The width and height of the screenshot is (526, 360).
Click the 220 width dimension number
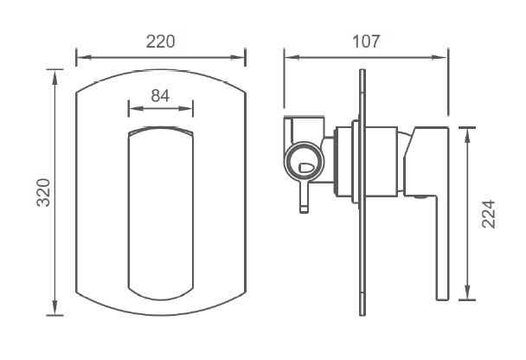coord(160,42)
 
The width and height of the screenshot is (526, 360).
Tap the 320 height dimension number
coord(43,193)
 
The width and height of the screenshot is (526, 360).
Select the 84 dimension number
coord(160,95)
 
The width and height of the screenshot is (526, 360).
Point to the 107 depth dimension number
coord(366,42)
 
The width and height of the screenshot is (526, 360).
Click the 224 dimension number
coord(489,214)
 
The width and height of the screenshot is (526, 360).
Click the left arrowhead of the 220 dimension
coord(84,57)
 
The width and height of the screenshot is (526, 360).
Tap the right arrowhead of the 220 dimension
coord(238,57)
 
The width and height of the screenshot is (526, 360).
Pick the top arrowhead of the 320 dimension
coord(55,77)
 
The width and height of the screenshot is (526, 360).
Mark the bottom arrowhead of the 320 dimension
coord(55,308)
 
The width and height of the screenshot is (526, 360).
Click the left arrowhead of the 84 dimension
coord(136,108)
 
